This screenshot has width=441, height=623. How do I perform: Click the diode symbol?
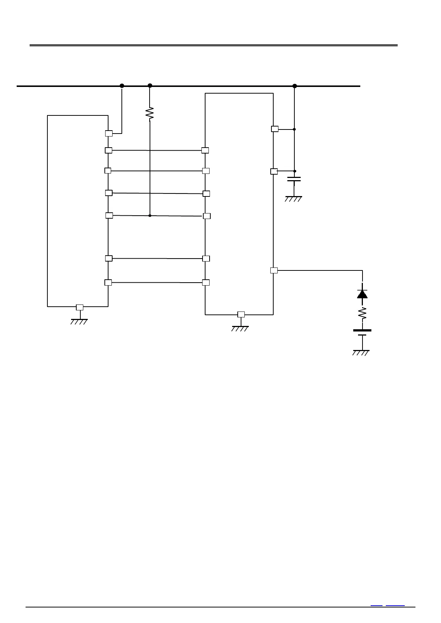362,294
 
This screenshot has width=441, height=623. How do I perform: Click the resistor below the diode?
362,314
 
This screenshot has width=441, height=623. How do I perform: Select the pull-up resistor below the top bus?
150,114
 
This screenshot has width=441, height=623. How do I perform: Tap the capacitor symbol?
294,179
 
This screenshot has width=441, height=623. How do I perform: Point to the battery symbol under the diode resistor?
362,333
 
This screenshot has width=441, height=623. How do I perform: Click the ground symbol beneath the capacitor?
294,199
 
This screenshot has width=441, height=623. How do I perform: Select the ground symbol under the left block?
79,321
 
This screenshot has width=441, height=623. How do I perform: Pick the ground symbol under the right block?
240,328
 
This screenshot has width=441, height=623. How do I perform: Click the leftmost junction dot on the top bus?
122,86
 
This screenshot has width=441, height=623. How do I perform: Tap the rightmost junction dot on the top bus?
295,86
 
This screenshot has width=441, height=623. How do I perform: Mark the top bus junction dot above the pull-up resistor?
150,86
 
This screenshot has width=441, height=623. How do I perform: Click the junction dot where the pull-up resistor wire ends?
150,215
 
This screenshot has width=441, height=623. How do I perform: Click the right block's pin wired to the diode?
274,270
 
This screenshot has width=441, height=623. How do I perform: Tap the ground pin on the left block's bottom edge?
80,307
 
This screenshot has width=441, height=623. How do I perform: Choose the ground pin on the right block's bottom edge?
241,314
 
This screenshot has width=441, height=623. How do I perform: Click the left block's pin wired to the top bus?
109,134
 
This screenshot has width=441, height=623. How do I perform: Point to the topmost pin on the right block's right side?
275,129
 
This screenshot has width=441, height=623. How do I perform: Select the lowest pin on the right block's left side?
206,283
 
